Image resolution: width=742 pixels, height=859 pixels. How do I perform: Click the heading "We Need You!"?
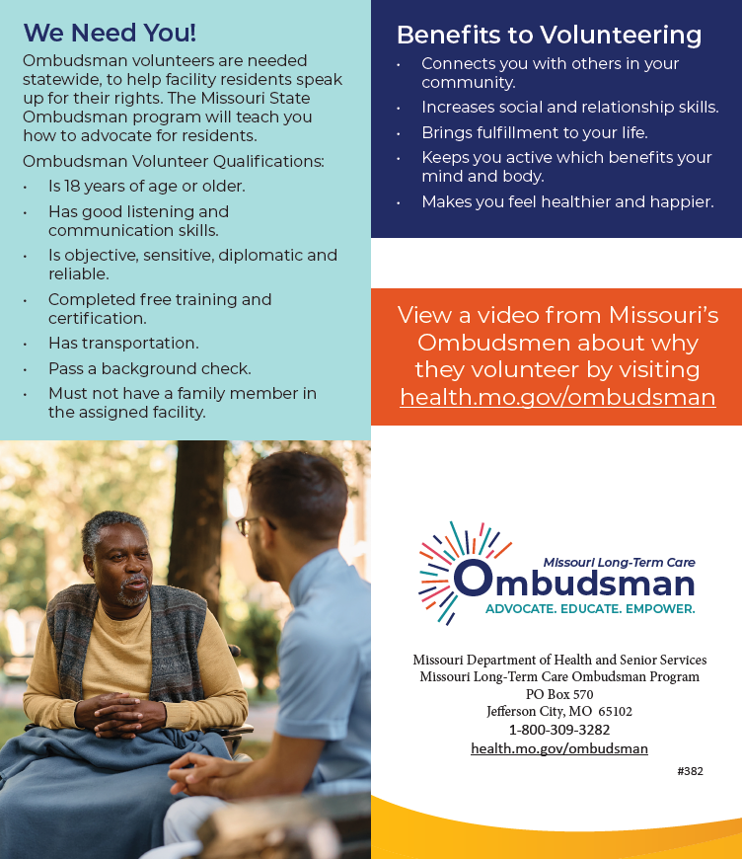(110, 33)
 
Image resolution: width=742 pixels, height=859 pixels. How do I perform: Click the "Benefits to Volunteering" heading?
(549, 36)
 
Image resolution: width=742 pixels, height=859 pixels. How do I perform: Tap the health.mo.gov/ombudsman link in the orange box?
(557, 397)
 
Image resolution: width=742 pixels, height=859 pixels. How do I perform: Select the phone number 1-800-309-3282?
(559, 730)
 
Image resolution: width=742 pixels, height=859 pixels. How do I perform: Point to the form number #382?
(690, 771)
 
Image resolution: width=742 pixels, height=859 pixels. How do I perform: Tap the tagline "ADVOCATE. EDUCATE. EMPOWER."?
(590, 609)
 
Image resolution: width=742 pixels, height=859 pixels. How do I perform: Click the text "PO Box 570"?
(559, 694)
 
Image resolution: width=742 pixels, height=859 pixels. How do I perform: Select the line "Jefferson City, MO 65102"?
(559, 712)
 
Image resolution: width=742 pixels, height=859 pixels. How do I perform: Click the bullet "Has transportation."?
(123, 343)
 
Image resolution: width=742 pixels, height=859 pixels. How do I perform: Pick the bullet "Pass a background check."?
(150, 368)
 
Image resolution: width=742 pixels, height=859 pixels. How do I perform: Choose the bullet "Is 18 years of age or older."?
(147, 186)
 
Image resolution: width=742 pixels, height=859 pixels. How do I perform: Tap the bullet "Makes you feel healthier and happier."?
(567, 201)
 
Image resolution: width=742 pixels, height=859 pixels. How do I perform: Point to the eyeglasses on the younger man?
(245, 524)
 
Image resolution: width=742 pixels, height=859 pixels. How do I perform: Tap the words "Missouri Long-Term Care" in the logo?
(619, 562)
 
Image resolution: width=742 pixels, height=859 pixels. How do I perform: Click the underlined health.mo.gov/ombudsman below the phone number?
(559, 748)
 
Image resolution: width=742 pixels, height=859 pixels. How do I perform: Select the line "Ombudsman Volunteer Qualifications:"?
(173, 161)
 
